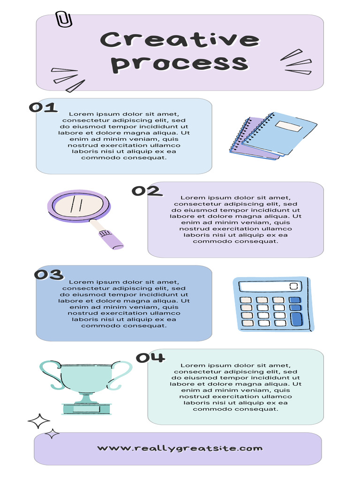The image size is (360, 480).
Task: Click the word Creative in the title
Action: pos(180,40)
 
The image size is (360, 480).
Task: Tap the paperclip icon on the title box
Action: pos(64,19)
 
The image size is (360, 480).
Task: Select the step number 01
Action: pos(43,108)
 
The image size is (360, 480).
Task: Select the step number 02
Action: pos(146,191)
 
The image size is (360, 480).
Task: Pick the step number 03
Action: pos(49,275)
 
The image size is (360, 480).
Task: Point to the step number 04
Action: pos(150,358)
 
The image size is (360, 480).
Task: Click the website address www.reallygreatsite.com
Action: pos(180,448)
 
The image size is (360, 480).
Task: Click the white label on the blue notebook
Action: pos(287,126)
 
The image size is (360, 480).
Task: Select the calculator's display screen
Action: pos(270,286)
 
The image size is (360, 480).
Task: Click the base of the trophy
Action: pos(86,408)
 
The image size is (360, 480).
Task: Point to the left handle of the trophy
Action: pos(50,374)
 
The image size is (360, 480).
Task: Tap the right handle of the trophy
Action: pos(120,374)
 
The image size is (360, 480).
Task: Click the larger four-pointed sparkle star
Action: pos(39,421)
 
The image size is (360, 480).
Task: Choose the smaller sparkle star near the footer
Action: pos(52,434)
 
